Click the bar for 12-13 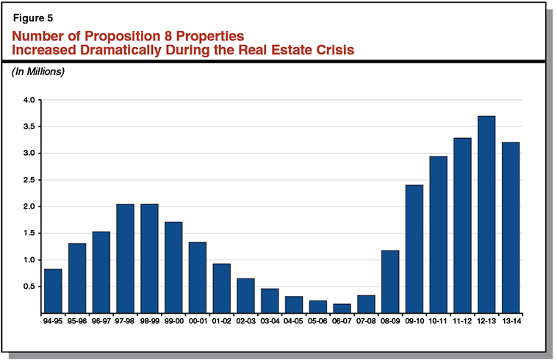point(486,215)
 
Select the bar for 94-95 point(53,291)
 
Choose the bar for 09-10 point(414,249)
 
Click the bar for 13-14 point(511,228)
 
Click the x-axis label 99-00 point(173,321)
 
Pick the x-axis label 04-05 point(294,321)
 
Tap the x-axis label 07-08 point(366,321)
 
